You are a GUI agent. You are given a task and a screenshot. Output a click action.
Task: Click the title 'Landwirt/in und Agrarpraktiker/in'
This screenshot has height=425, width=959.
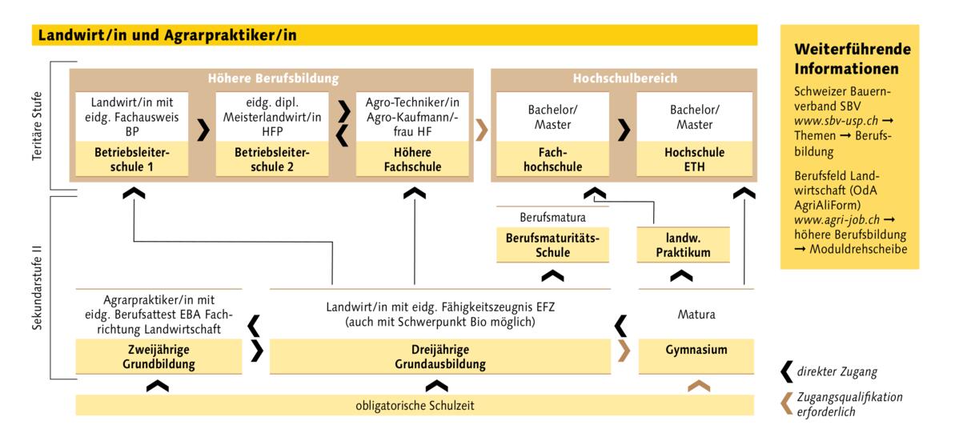[x=167, y=34]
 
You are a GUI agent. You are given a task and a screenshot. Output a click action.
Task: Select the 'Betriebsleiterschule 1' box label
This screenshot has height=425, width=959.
[x=134, y=159]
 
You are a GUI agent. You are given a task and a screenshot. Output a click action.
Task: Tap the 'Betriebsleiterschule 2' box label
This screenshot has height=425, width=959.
[x=273, y=159]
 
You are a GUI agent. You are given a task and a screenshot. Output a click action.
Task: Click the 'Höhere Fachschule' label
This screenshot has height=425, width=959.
[x=413, y=159]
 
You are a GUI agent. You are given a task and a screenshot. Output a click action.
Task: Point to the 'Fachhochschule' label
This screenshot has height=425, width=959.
[x=554, y=159]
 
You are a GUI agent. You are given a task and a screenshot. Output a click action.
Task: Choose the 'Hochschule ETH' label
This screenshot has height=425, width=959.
[x=694, y=159]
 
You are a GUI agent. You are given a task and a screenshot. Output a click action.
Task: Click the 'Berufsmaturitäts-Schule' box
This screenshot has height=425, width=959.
[x=552, y=245]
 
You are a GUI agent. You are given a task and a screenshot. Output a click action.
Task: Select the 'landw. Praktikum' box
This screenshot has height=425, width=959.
[x=683, y=245]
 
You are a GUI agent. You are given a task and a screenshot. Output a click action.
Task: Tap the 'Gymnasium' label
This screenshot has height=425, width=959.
[x=696, y=350]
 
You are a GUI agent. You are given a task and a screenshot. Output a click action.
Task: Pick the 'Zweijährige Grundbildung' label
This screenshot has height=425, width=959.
[x=159, y=357]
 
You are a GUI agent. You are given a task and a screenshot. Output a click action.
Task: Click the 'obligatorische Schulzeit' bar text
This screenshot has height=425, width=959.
[x=415, y=405]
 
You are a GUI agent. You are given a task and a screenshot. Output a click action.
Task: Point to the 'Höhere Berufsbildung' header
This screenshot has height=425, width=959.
[x=273, y=78]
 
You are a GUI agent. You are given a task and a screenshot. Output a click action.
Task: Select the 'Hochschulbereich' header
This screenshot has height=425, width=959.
[x=624, y=78]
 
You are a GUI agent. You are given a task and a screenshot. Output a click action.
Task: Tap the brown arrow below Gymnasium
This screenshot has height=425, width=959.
[x=699, y=386]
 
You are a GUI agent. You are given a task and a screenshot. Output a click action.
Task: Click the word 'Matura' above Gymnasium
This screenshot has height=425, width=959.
[x=696, y=315]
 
